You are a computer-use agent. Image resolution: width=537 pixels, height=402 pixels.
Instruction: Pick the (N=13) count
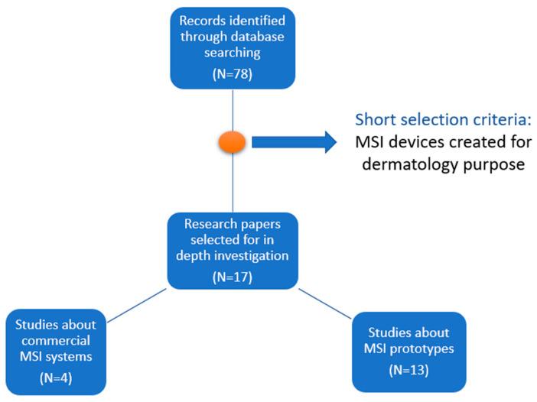point(408,371)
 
